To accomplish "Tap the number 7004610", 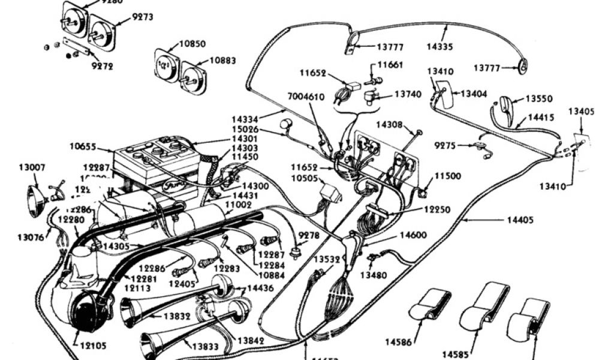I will (x=306, y=97).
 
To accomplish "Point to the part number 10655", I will (x=83, y=146).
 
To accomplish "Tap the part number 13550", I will (x=539, y=98).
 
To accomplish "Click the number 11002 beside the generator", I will (x=238, y=205).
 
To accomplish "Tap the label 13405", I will (x=581, y=111).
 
